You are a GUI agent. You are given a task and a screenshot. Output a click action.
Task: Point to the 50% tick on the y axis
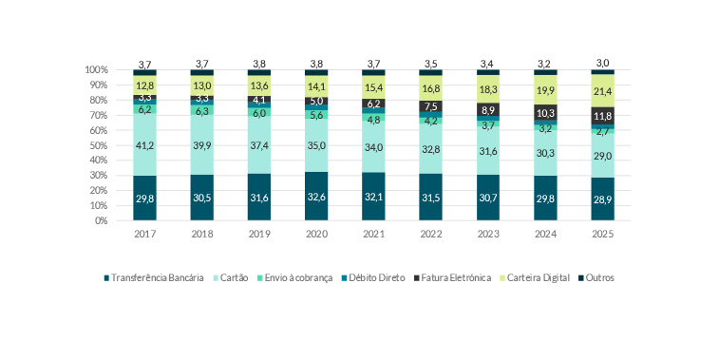coord(96,145)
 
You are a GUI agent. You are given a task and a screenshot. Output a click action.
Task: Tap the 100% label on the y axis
coord(94,70)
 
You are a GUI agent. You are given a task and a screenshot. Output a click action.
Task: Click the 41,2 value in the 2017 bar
coord(144,144)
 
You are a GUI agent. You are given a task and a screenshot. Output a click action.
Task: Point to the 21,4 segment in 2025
coord(602,91)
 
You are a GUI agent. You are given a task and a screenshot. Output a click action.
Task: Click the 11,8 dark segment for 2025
coord(602,116)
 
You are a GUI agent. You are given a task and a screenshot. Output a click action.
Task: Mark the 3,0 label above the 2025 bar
coord(602,63)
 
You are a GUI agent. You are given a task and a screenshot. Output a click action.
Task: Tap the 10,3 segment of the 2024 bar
coord(545,112)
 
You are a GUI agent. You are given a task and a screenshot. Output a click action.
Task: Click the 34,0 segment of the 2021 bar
coord(373,146)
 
